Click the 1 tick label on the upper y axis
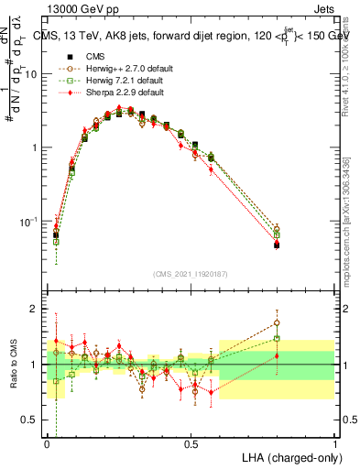coord(36,147)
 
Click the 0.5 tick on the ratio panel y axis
coord(31,420)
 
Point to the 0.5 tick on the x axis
coord(191,442)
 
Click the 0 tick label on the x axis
coord(47,442)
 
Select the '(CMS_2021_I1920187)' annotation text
coord(191,274)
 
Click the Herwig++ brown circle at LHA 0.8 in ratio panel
coord(277,322)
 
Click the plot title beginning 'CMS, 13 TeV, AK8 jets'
coord(197,36)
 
